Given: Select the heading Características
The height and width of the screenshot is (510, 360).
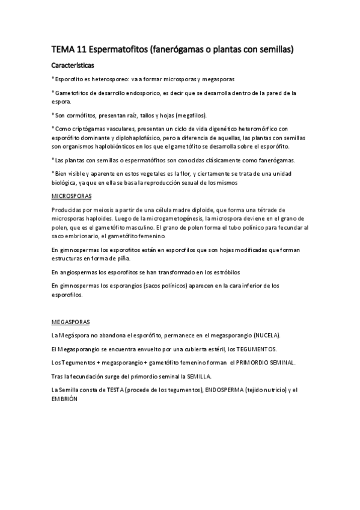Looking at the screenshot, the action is tap(72, 65).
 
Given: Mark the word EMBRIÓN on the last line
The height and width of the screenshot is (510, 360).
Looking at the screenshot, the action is tap(65, 399).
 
